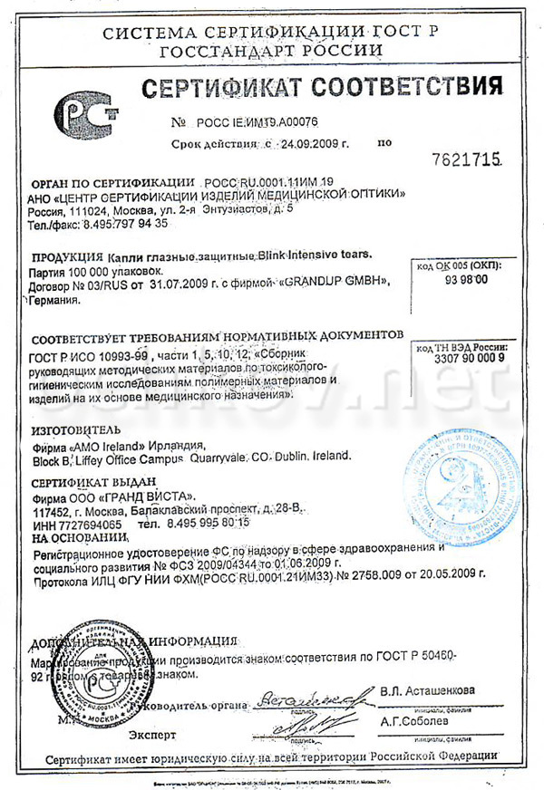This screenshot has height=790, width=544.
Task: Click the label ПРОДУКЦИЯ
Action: click(x=66, y=256)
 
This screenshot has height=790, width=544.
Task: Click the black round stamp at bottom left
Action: click(x=92, y=671)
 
